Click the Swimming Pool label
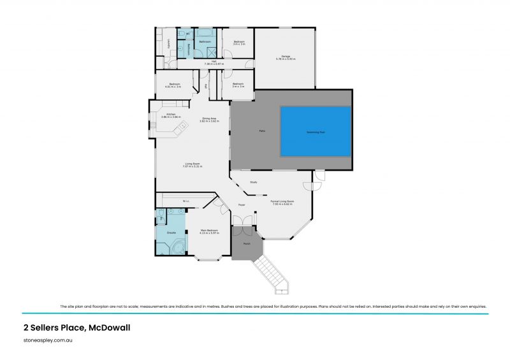316,133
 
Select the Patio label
262,131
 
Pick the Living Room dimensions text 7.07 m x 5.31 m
193,167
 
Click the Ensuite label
171,233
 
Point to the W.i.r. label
186,201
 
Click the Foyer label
242,205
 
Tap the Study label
253,183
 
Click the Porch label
247,243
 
